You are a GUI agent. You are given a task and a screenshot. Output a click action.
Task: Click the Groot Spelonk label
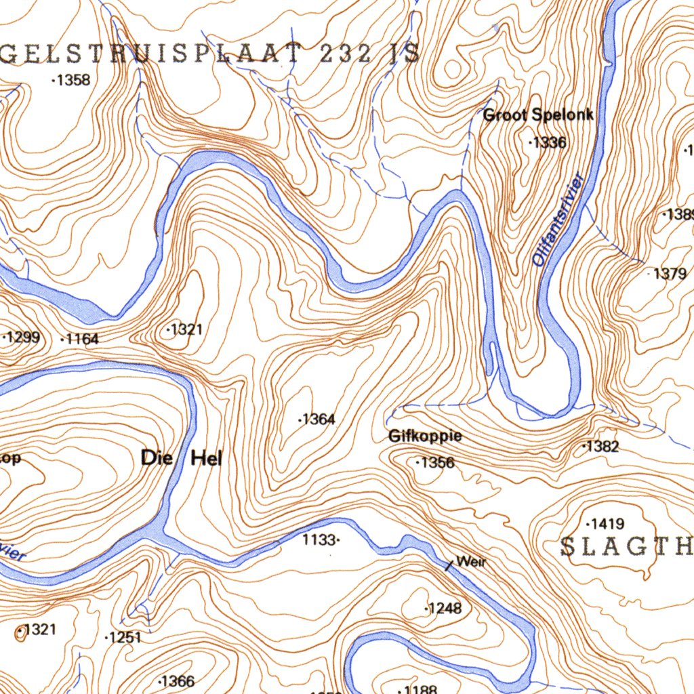click(538, 115)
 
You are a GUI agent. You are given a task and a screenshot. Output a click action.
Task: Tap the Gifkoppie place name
click(425, 436)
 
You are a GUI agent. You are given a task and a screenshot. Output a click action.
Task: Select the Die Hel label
click(181, 458)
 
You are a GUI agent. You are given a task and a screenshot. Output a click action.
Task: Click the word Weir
click(472, 561)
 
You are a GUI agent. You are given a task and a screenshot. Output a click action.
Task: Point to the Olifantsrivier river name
click(558, 221)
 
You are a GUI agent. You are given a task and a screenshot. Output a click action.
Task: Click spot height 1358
click(72, 81)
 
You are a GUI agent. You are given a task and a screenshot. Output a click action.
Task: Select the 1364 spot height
click(317, 420)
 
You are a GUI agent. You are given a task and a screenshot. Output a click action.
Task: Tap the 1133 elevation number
click(319, 540)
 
